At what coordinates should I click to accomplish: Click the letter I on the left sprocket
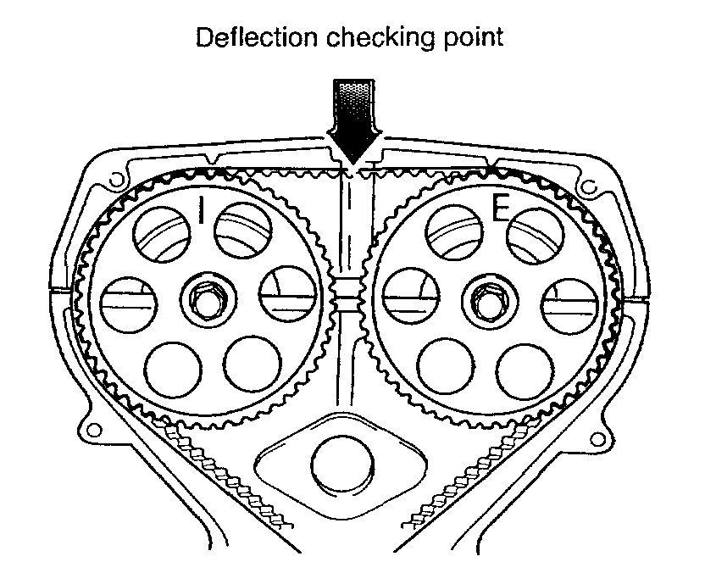coord(201,210)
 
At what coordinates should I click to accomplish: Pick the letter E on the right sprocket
coord(500,210)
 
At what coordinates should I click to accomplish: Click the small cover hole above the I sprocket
coord(114,178)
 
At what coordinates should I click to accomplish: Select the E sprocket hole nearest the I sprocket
coord(409,298)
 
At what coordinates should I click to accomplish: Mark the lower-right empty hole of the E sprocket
coord(525,365)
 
